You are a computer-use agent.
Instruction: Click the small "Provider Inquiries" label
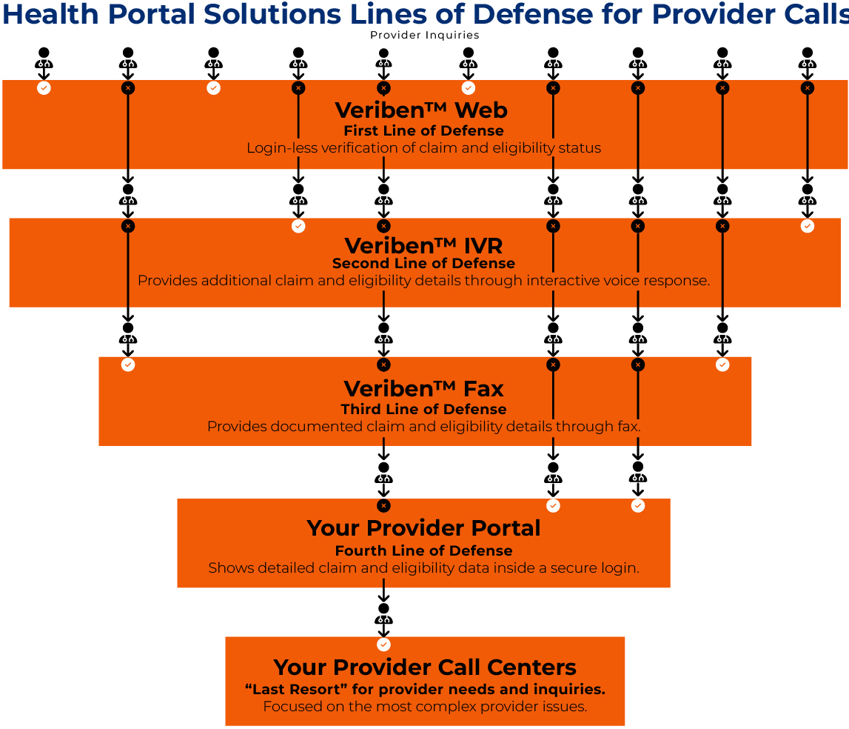[424, 35]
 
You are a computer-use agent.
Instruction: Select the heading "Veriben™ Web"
[421, 110]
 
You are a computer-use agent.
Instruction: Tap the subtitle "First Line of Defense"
[423, 131]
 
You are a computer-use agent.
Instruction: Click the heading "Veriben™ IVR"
[424, 245]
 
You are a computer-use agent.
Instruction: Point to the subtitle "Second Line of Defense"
[423, 264]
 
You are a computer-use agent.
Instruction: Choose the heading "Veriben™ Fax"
[423, 389]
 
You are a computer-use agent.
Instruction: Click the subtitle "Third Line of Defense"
[423, 410]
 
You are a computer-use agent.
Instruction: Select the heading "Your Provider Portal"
[423, 528]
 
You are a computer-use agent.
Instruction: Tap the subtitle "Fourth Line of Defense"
[423, 550]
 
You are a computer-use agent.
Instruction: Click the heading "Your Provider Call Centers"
[425, 667]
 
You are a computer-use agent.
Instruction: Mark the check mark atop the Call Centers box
[383, 645]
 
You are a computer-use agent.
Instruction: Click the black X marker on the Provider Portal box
[383, 506]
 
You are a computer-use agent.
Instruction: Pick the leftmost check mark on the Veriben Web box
[44, 88]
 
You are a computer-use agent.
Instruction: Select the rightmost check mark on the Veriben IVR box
[808, 226]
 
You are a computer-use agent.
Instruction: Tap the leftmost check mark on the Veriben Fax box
[128, 364]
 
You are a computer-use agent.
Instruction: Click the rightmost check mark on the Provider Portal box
[638, 506]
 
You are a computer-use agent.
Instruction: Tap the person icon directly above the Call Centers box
[383, 615]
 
